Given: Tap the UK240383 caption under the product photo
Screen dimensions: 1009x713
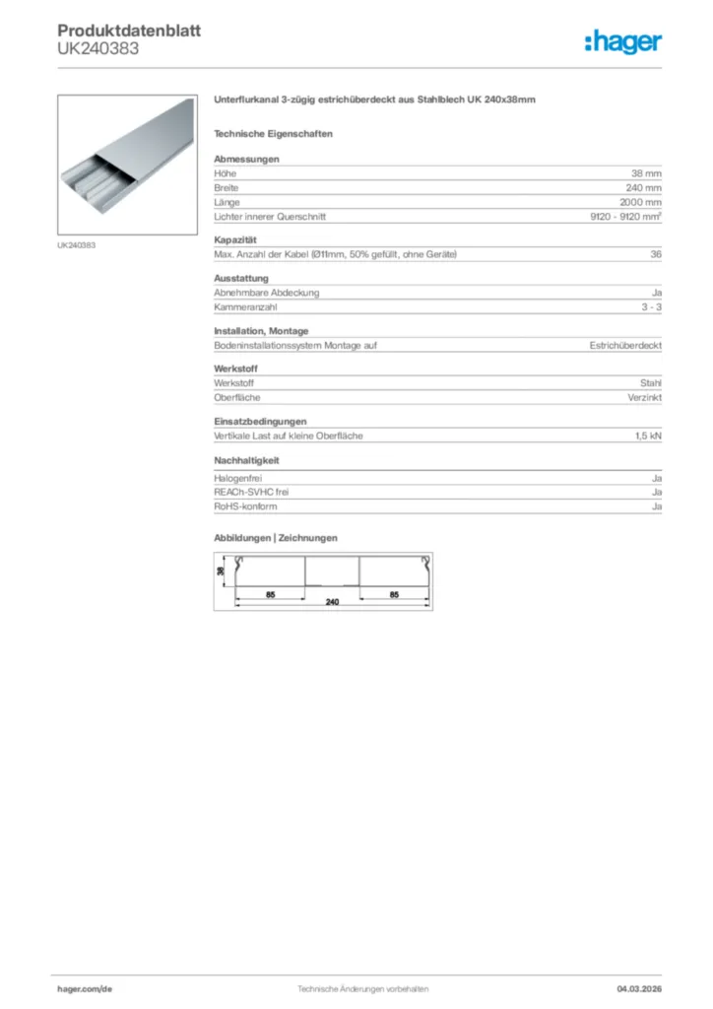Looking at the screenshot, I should (76, 244).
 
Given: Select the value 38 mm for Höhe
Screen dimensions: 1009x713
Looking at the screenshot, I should (646, 172).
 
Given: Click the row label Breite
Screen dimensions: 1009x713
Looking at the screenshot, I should (227, 187).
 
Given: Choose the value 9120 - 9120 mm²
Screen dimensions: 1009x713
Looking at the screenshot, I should (618, 217).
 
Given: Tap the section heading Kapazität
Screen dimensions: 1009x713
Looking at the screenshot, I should (235, 240).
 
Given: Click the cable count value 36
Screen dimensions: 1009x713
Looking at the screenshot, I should (656, 255).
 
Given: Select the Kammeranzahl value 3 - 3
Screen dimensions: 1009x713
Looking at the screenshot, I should (651, 307).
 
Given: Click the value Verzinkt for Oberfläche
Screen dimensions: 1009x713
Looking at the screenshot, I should (644, 398).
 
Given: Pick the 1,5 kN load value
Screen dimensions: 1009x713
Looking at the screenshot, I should (648, 436).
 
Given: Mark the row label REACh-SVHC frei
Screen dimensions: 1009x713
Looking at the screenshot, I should (251, 491).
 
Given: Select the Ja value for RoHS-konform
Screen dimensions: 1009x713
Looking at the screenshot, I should (656, 505).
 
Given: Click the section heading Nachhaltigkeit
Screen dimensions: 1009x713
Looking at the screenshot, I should (246, 460).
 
